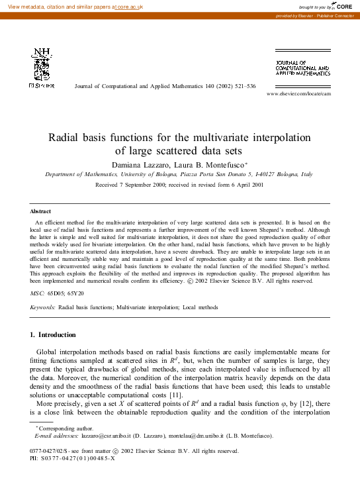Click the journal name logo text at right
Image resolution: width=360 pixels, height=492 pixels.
click(302, 69)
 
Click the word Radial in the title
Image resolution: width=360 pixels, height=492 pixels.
click(68, 138)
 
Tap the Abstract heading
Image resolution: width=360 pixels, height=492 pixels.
click(42, 211)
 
